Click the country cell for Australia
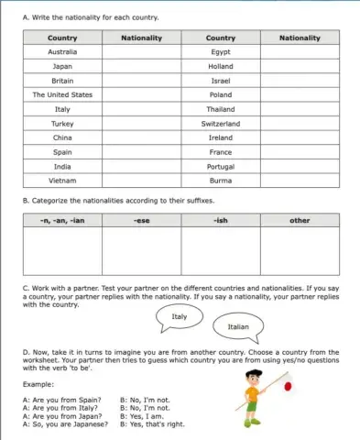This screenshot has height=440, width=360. (x=62, y=52)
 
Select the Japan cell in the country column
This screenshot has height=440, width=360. (x=62, y=67)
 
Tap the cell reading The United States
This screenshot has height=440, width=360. (x=62, y=94)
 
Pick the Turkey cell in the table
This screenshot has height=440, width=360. (x=62, y=123)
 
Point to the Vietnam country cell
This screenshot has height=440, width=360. (x=62, y=181)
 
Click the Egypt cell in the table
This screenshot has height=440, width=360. (x=220, y=52)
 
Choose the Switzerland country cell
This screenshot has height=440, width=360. (x=220, y=123)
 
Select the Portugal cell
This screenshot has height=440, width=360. (x=220, y=166)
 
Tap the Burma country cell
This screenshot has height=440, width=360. (x=220, y=181)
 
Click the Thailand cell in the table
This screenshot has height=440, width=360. (x=220, y=109)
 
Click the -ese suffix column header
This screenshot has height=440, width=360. (x=141, y=221)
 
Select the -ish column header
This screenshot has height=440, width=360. (x=220, y=221)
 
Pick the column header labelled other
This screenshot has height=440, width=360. (x=300, y=221)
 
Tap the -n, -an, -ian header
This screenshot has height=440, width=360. (x=62, y=221)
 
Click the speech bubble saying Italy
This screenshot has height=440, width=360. (x=180, y=317)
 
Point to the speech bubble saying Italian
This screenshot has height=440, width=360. (x=237, y=326)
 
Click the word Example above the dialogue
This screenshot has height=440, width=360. (x=38, y=384)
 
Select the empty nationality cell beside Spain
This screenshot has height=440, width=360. (x=141, y=152)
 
